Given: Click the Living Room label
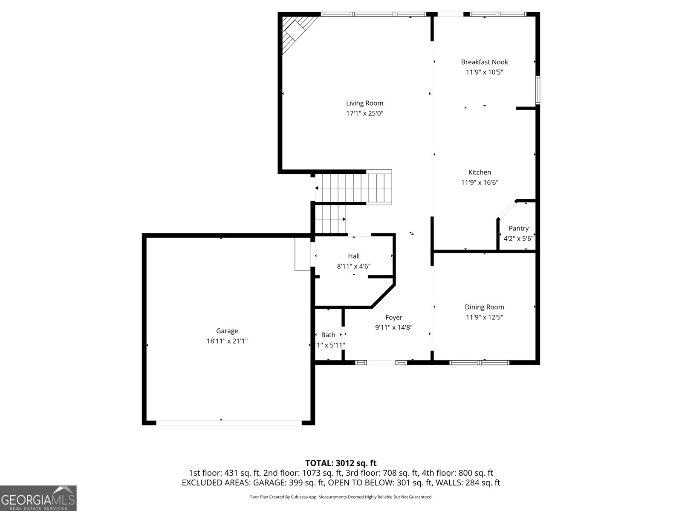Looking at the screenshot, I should tap(364, 103).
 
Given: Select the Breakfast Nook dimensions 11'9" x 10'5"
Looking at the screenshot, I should tap(484, 72).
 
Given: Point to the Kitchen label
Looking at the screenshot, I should tap(480, 172).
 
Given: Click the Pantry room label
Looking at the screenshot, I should tap(518, 229).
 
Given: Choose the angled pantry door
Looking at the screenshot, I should tap(506, 210).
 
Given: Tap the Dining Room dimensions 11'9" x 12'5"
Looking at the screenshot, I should tap(484, 317).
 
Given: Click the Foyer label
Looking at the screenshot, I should tap(393, 317).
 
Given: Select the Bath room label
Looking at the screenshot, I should tap(328, 335).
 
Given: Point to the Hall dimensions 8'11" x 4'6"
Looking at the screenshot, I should tap(353, 267).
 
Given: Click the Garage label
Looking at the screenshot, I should tap(227, 331).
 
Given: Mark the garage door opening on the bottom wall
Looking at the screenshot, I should tap(229, 422).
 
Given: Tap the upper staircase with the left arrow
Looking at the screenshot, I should tap(353, 187).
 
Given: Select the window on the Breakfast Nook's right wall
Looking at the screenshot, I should tap(538, 90).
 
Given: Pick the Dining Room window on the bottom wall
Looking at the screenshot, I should tap(480, 363).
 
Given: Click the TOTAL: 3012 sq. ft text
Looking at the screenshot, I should tap(341, 463).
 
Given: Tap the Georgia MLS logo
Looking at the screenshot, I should tap(38, 498).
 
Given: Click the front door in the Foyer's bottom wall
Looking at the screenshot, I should tap(381, 363).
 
